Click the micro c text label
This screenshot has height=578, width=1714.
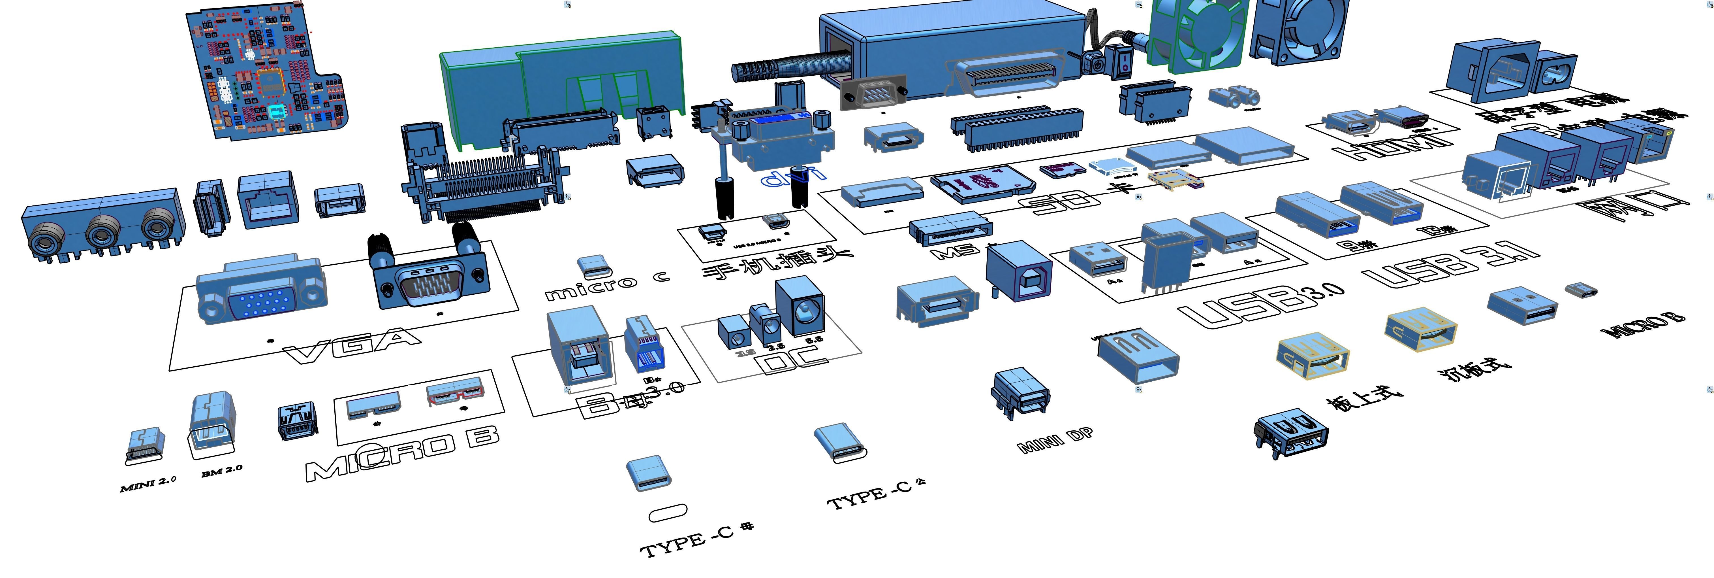[x=606, y=285]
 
